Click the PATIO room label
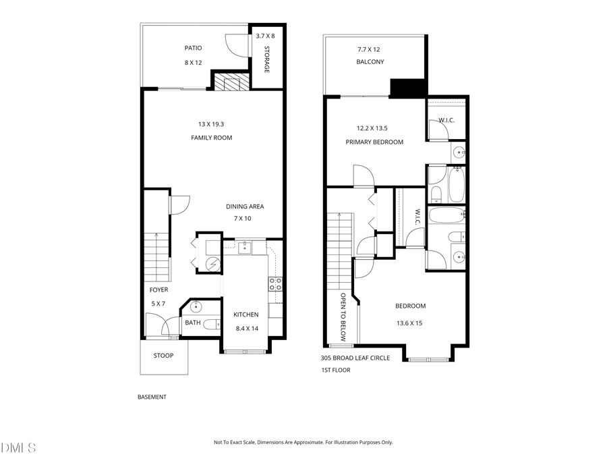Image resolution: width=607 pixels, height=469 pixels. coord(194,48)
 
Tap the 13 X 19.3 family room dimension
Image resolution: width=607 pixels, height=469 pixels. coord(211,124)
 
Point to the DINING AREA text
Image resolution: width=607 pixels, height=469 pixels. coord(244,206)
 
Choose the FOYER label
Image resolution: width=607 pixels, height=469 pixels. coord(158,290)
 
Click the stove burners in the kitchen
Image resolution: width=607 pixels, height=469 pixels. coord(275,284)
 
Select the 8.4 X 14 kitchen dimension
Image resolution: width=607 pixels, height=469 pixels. coord(246,329)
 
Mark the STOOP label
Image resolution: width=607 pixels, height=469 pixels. coord(163,355)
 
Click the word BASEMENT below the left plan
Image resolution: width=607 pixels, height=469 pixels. coord(152,397)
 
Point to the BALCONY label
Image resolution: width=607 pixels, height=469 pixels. coord(370,62)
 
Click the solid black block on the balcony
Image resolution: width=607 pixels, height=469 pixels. coord(409,88)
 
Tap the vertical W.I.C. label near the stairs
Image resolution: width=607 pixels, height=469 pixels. coord(417,217)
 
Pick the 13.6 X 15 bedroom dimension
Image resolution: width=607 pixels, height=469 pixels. coord(410,323)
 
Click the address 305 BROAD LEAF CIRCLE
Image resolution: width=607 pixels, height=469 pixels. coord(355,358)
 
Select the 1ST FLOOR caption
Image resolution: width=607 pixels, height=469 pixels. coord(335,370)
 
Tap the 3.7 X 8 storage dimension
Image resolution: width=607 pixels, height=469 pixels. coord(265,35)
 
